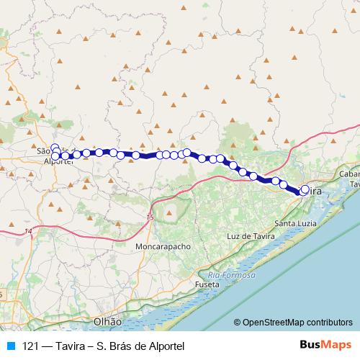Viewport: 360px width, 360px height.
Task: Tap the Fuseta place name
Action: point(206,285)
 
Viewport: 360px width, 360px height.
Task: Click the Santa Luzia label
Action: point(294,223)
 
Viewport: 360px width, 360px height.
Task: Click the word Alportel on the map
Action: point(59,161)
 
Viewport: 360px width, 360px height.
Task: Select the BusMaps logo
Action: point(326,346)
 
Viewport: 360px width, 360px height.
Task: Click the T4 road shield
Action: point(28,230)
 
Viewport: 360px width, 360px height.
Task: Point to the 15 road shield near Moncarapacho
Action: point(149,216)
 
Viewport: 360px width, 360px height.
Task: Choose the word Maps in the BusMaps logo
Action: point(338,346)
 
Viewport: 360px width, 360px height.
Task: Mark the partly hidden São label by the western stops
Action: point(45,151)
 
